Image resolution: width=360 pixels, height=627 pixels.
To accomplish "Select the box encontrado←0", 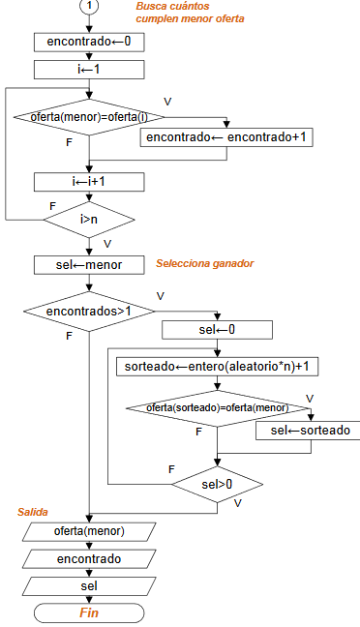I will tap(89, 42).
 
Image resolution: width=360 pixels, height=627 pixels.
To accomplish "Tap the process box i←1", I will tap(89, 69).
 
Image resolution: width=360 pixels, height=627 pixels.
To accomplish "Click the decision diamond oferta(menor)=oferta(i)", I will tap(89, 117).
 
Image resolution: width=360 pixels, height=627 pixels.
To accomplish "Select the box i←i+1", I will tap(89, 181).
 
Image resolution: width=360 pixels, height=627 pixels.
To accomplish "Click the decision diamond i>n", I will tap(89, 220).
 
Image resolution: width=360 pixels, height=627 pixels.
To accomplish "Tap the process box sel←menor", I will tap(89, 264).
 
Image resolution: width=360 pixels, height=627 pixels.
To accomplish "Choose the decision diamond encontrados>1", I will tap(89, 312).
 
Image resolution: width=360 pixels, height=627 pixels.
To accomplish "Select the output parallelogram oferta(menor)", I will tap(89, 531).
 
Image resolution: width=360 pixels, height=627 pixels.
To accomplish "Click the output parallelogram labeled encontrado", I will tap(89, 559).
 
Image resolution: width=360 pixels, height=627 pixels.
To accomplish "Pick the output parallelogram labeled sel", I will tap(89, 585).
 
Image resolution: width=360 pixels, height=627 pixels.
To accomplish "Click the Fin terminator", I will tap(89, 612).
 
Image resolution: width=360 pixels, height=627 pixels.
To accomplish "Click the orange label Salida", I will tap(33, 511).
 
